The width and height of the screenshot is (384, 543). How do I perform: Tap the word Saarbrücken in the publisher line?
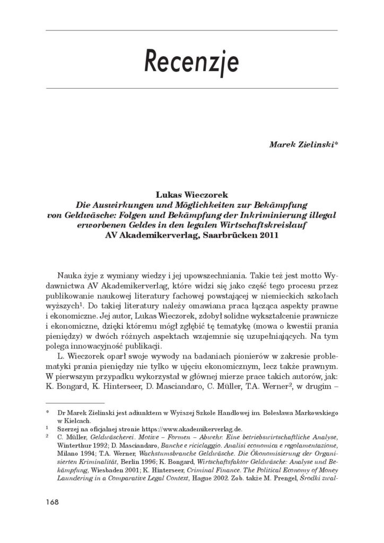coord(230,236)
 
